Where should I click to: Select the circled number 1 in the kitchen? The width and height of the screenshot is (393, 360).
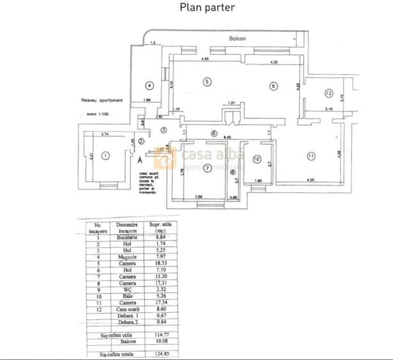coord(106,155)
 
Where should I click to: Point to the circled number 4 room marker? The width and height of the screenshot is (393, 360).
coord(148,85)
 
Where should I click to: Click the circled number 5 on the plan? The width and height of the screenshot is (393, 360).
coord(206,81)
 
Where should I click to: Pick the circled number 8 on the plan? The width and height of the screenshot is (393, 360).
coord(273,86)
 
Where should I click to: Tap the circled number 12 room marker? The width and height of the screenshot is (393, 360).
coord(328,93)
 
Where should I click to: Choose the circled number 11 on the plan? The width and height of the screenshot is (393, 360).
coord(311,156)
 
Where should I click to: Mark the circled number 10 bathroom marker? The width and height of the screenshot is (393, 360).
coord(256,159)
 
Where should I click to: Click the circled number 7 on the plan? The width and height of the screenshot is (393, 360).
coord(207,168)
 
